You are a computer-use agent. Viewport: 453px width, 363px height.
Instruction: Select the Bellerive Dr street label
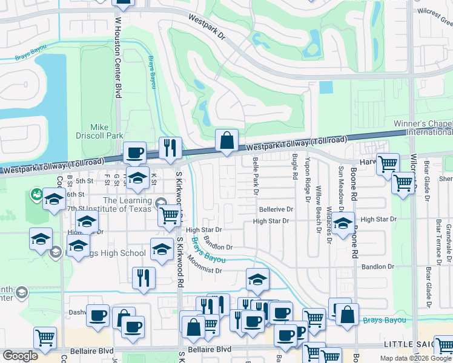click(x=276, y=209)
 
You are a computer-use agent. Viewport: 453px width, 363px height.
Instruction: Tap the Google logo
click(x=20, y=356)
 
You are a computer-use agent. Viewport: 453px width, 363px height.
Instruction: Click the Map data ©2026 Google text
click(x=415, y=358)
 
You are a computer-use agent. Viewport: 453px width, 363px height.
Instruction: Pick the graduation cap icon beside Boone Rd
click(x=343, y=223)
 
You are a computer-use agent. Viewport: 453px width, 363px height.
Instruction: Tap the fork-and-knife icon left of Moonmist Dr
click(x=144, y=278)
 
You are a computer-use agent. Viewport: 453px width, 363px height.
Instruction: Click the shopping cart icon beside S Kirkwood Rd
click(x=170, y=214)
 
